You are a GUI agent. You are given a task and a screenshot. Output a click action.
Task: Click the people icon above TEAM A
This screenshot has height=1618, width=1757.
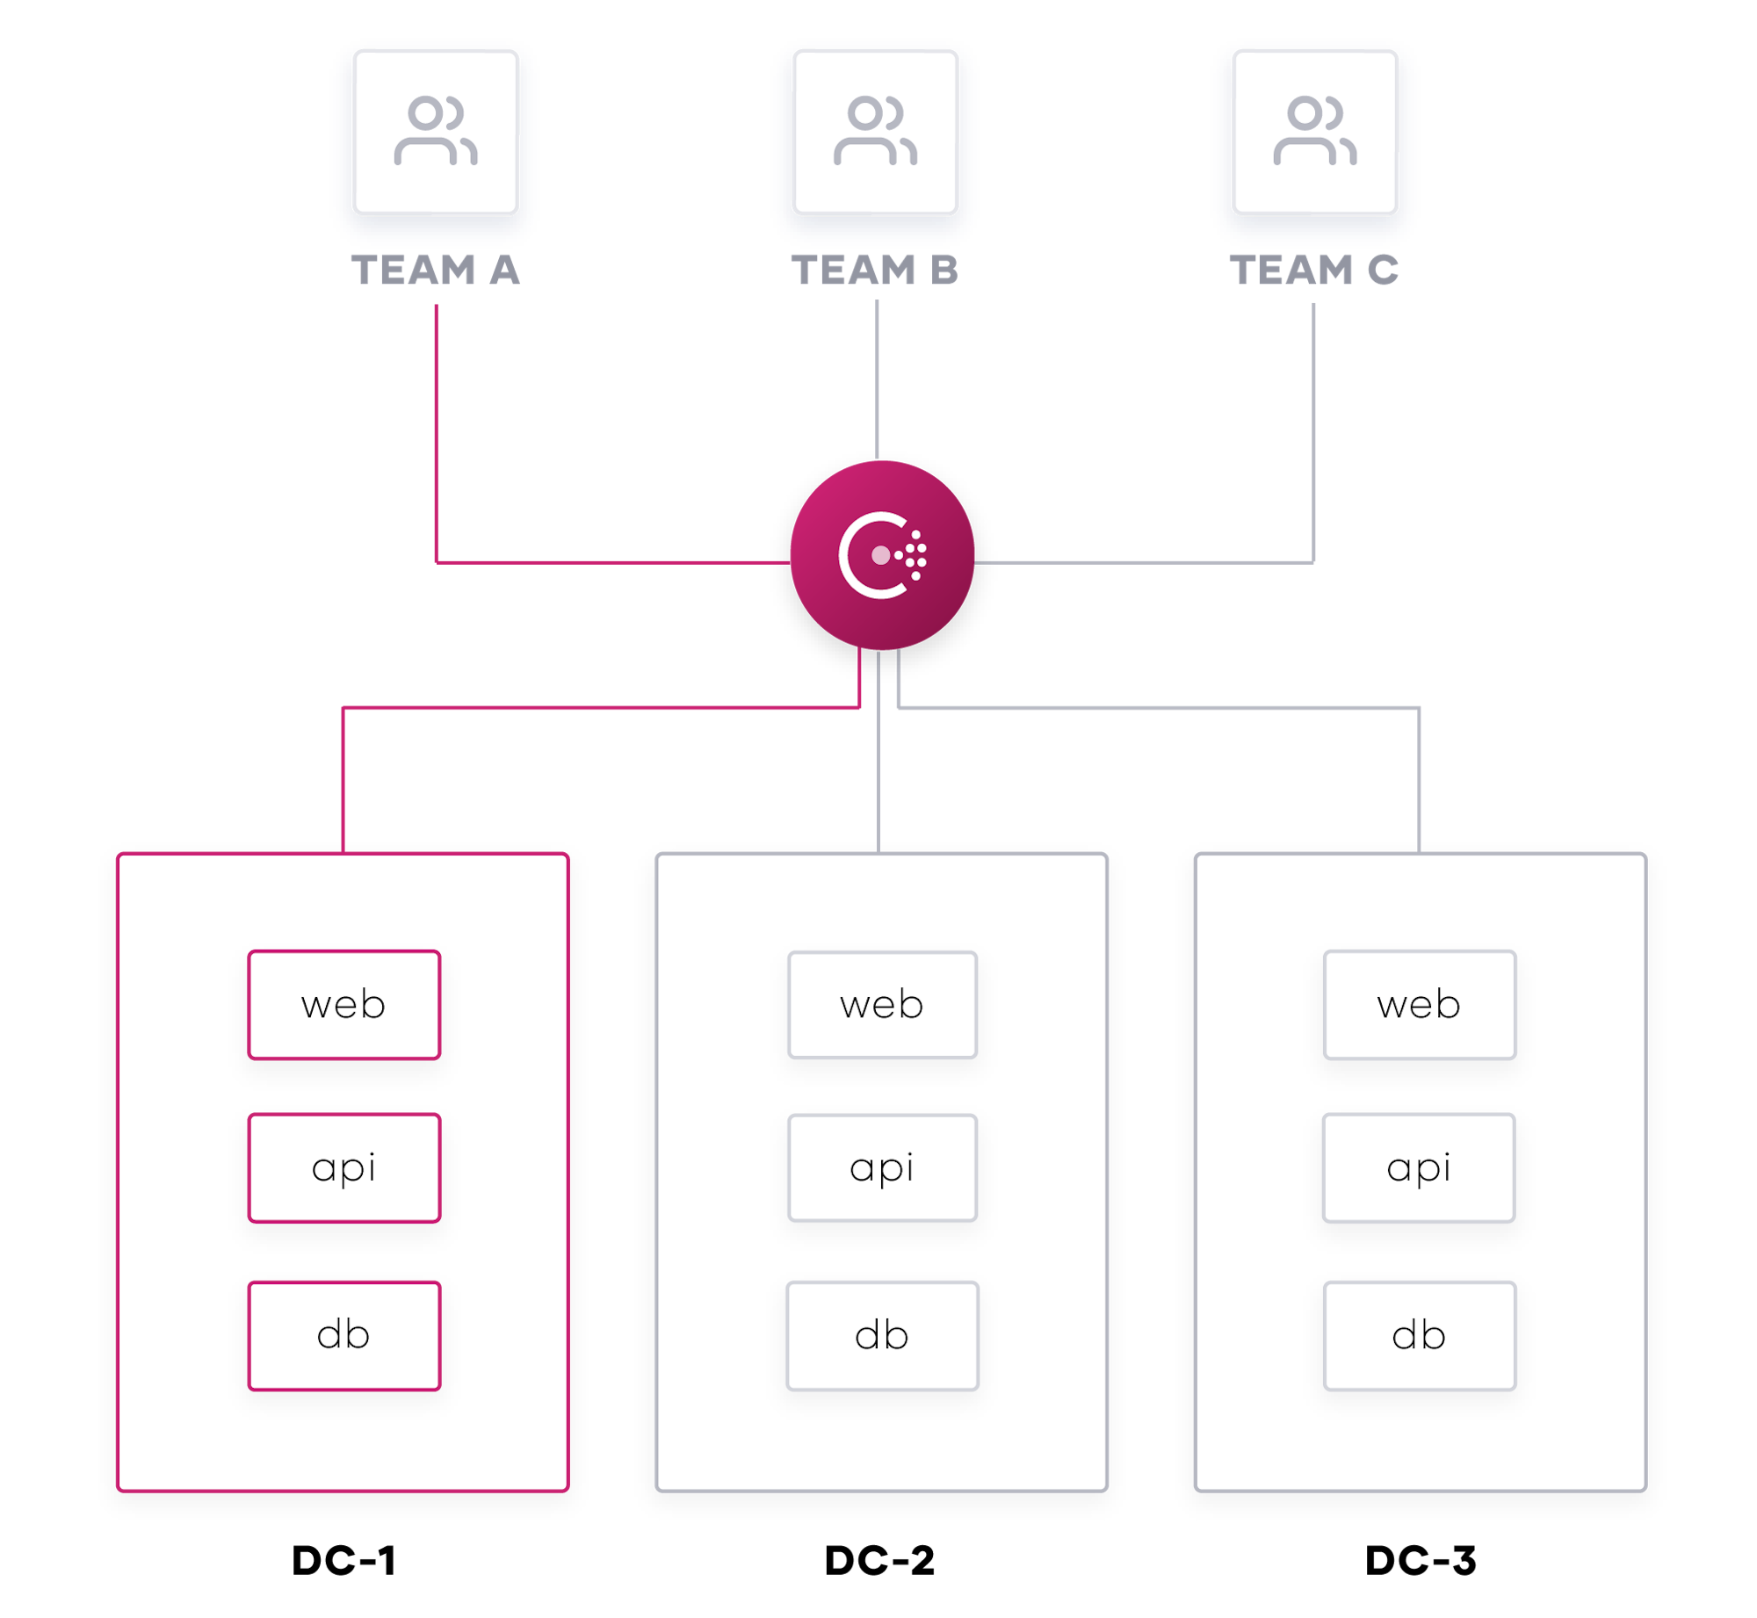pyautogui.click(x=436, y=132)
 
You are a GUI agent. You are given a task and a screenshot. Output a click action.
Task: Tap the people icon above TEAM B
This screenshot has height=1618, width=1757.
pyautogui.click(x=875, y=132)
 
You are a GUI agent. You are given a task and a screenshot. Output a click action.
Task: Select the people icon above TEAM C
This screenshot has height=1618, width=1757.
pyautogui.click(x=1315, y=132)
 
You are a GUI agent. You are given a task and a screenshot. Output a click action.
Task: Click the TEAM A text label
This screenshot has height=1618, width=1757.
pyautogui.click(x=436, y=270)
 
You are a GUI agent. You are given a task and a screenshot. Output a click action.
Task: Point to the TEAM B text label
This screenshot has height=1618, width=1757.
pyautogui.click(x=874, y=270)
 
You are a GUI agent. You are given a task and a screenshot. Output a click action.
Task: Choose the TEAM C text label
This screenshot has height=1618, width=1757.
pyautogui.click(x=1314, y=270)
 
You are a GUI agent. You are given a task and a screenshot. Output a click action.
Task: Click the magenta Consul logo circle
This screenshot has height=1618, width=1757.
pyautogui.click(x=882, y=555)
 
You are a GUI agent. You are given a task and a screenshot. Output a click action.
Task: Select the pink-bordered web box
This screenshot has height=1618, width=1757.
pyautogui.click(x=343, y=1005)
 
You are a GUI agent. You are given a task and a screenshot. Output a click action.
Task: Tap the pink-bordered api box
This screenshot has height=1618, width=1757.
pyautogui.click(x=343, y=1168)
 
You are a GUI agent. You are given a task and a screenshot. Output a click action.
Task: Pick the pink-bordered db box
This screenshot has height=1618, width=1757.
pyautogui.click(x=343, y=1336)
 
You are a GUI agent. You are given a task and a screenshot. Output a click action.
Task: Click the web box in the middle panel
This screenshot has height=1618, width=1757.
pyautogui.click(x=882, y=1005)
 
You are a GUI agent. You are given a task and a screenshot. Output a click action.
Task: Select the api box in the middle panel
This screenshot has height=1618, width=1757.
pyautogui.click(x=882, y=1168)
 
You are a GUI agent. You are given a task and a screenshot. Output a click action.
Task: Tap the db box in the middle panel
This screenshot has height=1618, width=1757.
pyautogui.click(x=882, y=1336)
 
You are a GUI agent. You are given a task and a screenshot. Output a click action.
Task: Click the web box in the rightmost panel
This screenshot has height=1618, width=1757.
pyautogui.click(x=1420, y=1005)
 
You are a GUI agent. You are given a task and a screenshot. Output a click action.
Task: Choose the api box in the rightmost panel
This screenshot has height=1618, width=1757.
pyautogui.click(x=1419, y=1168)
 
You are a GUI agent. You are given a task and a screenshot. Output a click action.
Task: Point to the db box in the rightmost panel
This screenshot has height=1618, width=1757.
pyautogui.click(x=1420, y=1336)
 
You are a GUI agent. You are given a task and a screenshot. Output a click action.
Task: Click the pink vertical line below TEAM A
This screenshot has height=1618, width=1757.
pyautogui.click(x=437, y=430)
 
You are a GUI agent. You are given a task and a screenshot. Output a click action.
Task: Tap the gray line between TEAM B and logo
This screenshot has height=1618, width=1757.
pyautogui.click(x=877, y=378)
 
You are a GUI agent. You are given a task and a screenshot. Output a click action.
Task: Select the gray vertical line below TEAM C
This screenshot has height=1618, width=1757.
pyautogui.click(x=1314, y=430)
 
